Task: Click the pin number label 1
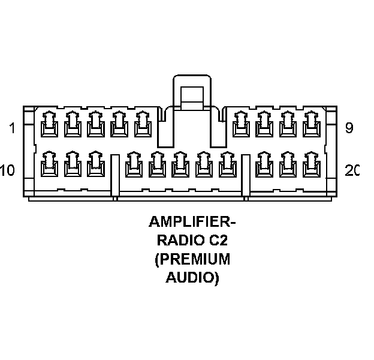11,128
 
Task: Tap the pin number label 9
349,127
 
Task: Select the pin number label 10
8,171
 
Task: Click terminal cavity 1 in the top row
49,125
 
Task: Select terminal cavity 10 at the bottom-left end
49,163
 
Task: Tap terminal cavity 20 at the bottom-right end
310,163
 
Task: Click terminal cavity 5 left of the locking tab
142,125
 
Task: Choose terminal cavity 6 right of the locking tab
240,125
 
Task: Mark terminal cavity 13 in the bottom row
132,163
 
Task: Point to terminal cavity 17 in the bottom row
226,163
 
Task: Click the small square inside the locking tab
192,95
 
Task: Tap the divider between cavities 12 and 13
114,175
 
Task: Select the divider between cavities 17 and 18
245,175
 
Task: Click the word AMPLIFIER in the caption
188,223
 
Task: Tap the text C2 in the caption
219,241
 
